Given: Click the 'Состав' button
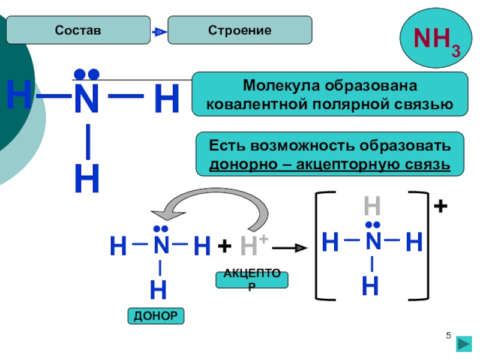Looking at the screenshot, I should (x=78, y=30).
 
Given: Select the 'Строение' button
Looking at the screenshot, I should (x=239, y=30).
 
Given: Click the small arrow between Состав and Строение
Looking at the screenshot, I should (x=158, y=31).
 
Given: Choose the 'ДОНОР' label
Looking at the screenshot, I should (x=156, y=316).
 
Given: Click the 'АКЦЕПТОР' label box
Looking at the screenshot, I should (x=252, y=280).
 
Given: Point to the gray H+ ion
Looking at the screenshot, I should (x=253, y=245).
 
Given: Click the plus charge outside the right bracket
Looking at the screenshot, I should (x=440, y=207).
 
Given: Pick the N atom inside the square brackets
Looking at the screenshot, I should (x=373, y=242).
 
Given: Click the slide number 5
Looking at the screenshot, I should (x=448, y=334).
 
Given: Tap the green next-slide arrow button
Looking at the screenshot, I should (x=463, y=344).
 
